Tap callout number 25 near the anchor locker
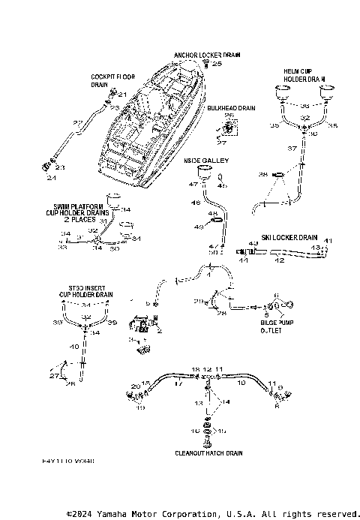click(217, 65)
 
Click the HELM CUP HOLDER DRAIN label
click(304, 74)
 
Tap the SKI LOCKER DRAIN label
click(289, 237)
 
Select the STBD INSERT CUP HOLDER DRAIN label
click(85, 291)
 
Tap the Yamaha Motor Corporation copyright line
click(212, 514)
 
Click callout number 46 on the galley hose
click(196, 203)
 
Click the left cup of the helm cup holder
click(283, 92)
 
